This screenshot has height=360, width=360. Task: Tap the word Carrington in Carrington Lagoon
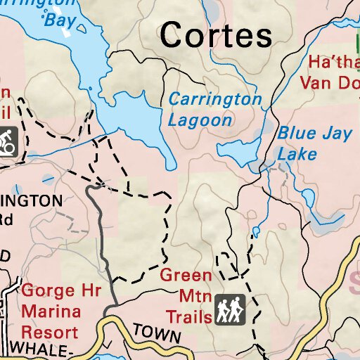(x=214, y=99)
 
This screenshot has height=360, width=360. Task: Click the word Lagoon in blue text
(x=200, y=120)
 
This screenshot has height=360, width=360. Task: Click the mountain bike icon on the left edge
(x=8, y=140)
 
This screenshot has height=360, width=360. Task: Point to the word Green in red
(x=186, y=275)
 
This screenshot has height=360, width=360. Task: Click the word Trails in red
(x=188, y=316)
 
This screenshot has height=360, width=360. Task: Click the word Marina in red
(x=51, y=310)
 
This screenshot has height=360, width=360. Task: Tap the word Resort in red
(x=50, y=330)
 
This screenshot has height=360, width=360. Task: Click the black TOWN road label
(x=157, y=333)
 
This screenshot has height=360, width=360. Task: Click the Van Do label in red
(x=329, y=82)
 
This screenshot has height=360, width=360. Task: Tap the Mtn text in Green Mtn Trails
(x=180, y=295)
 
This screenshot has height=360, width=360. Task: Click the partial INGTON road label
(x=31, y=200)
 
